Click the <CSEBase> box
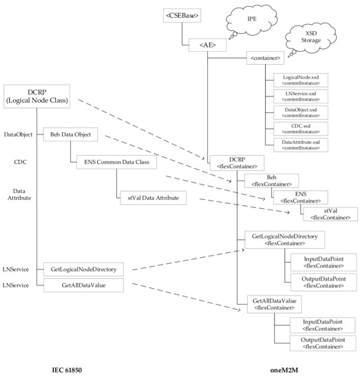(x=182, y=14)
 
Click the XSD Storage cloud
(x=319, y=40)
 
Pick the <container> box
(x=266, y=60)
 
